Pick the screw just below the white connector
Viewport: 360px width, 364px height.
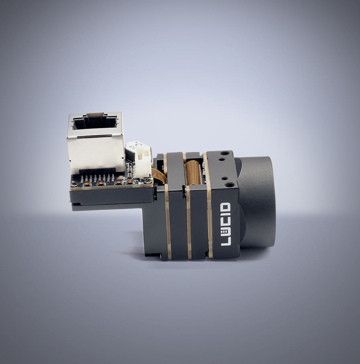coord(146,181)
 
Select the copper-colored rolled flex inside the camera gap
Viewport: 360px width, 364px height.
coord(192,173)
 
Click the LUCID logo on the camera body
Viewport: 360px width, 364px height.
coord(226,224)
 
